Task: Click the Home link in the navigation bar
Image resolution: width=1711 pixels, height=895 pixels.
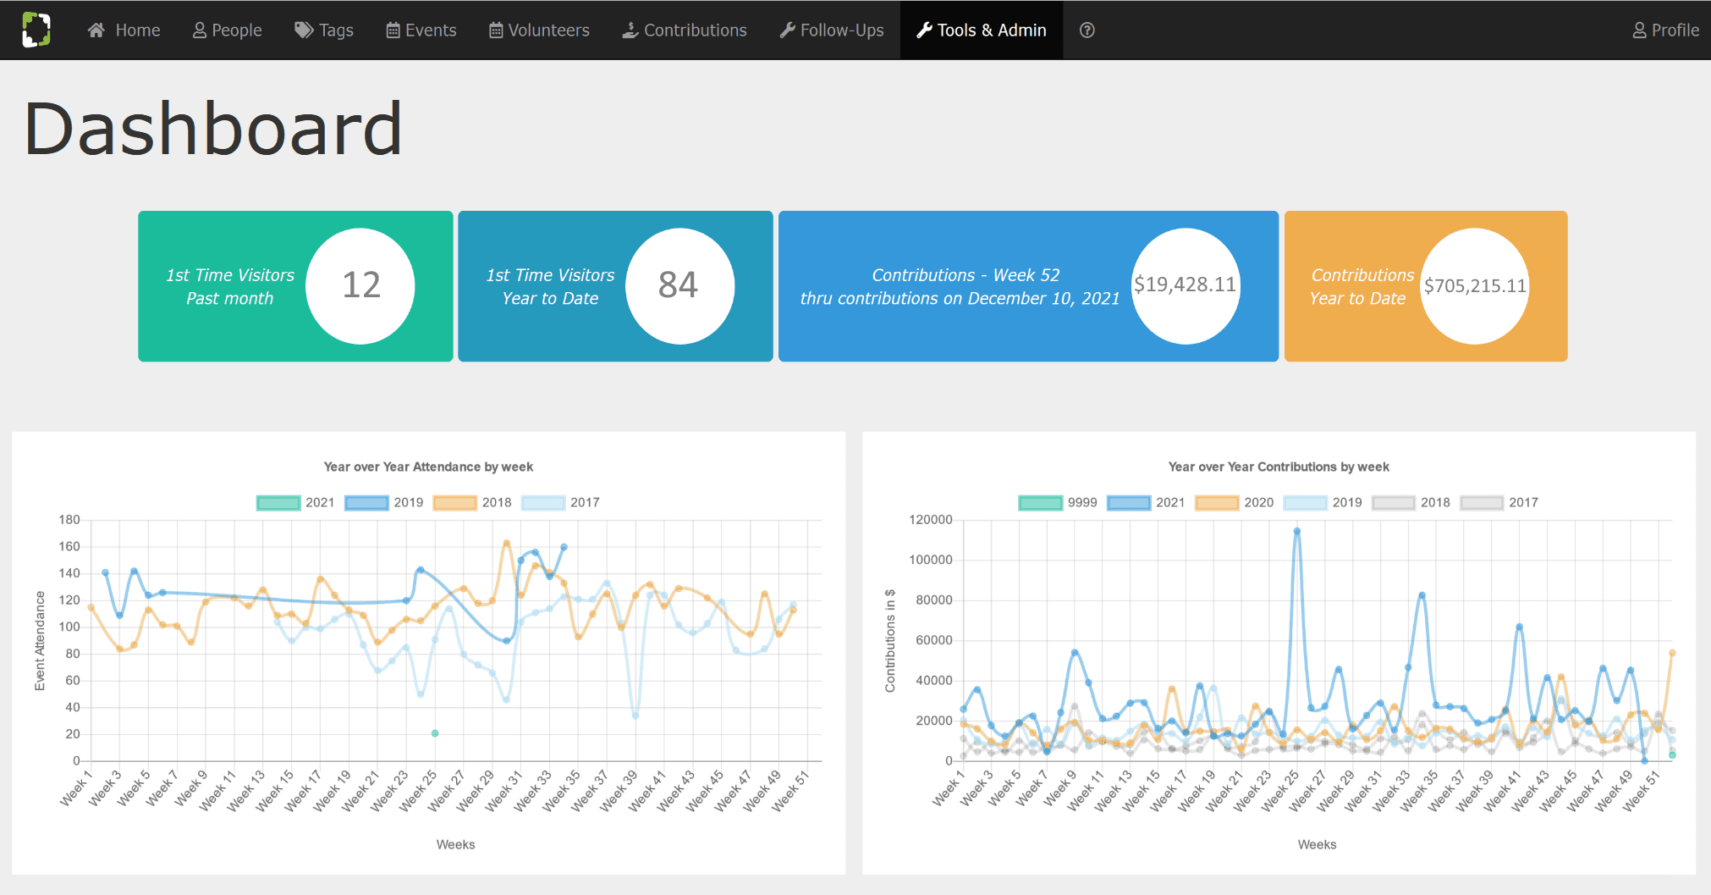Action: pyautogui.click(x=124, y=30)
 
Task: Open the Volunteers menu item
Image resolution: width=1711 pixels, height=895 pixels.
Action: pyautogui.click(x=539, y=30)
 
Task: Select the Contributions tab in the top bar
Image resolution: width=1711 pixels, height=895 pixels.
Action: pyautogui.click(x=685, y=30)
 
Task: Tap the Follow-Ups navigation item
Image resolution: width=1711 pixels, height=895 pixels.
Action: pyautogui.click(x=832, y=30)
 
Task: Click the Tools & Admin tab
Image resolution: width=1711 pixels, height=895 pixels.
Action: pyautogui.click(x=982, y=30)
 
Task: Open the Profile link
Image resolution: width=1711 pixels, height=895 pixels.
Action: pyautogui.click(x=1665, y=30)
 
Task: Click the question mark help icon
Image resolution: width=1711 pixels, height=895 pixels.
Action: pyautogui.click(x=1087, y=30)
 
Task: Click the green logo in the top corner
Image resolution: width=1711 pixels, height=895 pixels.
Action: pyautogui.click(x=36, y=30)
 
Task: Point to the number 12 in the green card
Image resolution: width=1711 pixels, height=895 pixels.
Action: pyautogui.click(x=361, y=285)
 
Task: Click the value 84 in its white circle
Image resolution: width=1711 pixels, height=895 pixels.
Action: pyautogui.click(x=679, y=285)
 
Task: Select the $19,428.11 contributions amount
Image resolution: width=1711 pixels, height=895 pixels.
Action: pyautogui.click(x=1185, y=285)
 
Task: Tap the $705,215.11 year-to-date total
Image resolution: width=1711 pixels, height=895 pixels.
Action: pyautogui.click(x=1475, y=286)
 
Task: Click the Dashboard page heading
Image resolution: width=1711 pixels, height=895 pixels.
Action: pyautogui.click(x=213, y=129)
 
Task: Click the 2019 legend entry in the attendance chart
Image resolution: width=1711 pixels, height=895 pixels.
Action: pyautogui.click(x=384, y=502)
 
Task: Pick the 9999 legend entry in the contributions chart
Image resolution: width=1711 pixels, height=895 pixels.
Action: pyautogui.click(x=1058, y=502)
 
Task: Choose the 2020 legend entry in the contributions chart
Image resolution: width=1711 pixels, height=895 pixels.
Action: pyautogui.click(x=1235, y=502)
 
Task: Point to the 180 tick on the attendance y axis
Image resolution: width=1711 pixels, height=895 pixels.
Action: pyautogui.click(x=69, y=520)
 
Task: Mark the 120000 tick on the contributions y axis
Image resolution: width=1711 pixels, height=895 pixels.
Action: pyautogui.click(x=931, y=520)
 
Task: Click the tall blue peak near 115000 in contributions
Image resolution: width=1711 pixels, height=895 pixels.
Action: pyautogui.click(x=1296, y=532)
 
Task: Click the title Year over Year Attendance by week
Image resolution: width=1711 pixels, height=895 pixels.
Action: pyautogui.click(x=428, y=467)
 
